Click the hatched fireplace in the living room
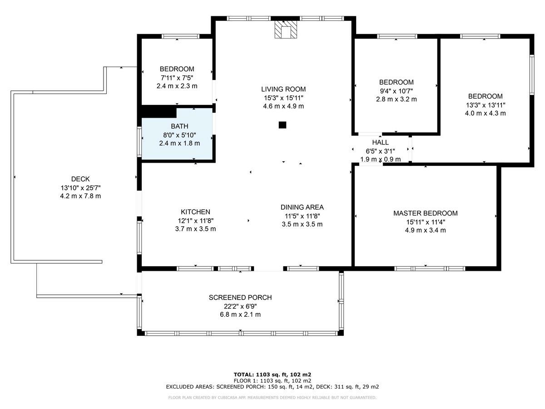tap(286, 29)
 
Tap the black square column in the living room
tap(282, 125)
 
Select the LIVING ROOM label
tap(283, 89)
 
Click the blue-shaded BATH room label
tap(179, 126)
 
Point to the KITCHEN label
tap(195, 212)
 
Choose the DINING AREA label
tap(302, 207)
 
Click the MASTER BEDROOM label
tap(426, 213)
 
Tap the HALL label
tap(381, 142)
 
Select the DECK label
tap(80, 179)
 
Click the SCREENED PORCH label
tap(240, 298)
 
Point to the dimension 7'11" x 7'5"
tap(177, 78)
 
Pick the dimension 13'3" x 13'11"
tap(486, 105)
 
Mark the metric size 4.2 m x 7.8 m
tap(80, 196)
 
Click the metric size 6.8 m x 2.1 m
tap(240, 314)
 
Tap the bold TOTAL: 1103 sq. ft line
tap(272, 374)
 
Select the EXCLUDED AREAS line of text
tap(272, 387)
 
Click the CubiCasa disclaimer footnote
tap(272, 398)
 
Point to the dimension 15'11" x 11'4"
tap(426, 222)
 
